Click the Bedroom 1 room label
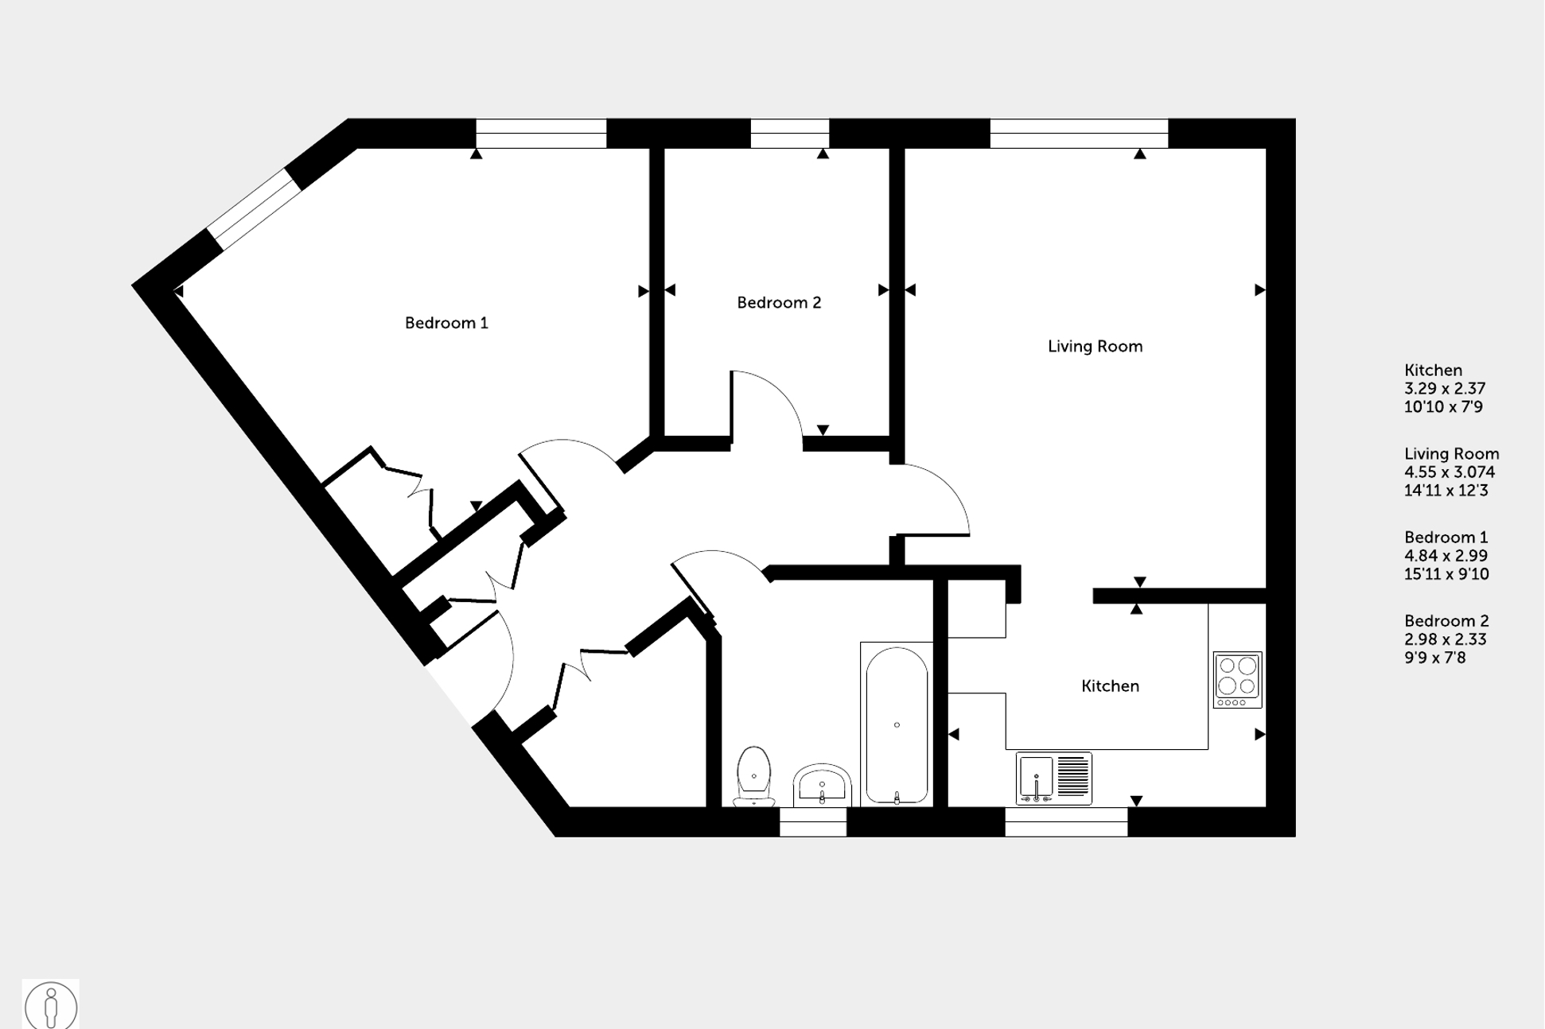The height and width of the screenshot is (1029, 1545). click(446, 323)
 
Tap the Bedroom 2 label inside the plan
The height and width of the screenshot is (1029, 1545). click(778, 303)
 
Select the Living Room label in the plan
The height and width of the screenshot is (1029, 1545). click(1095, 347)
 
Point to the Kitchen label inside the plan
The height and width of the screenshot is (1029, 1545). click(1110, 686)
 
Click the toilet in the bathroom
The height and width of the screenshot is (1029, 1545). click(753, 775)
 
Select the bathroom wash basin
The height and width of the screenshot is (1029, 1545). click(822, 785)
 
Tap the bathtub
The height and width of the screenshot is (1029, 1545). click(897, 724)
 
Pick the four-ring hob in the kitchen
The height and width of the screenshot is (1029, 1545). click(1237, 680)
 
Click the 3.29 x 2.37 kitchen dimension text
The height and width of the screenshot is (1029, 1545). click(1444, 389)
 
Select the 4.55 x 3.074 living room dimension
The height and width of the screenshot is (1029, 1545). click(1449, 472)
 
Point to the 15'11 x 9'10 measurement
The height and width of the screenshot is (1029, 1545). click(1446, 574)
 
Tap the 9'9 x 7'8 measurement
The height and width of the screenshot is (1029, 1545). click(1434, 658)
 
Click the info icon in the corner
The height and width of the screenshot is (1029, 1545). click(51, 1005)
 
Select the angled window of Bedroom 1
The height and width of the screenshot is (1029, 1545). click(255, 208)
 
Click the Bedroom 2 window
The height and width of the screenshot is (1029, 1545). click(789, 134)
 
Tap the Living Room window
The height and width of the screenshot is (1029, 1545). click(1078, 134)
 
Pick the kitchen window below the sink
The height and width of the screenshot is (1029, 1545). click(1065, 822)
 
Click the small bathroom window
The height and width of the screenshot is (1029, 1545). click(812, 822)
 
